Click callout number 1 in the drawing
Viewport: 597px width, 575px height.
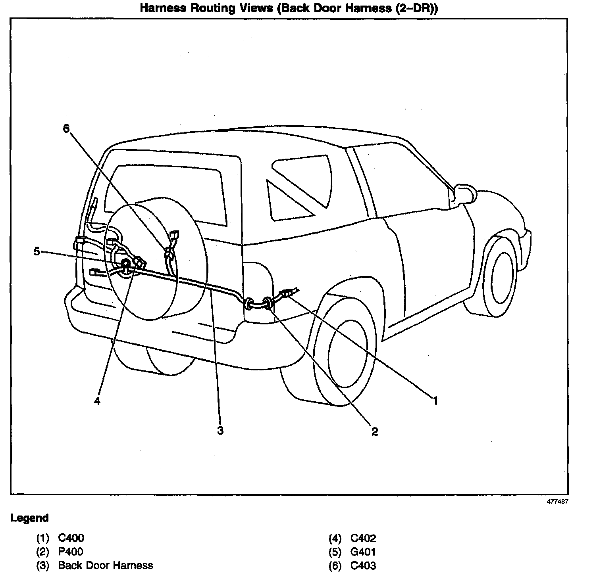[435, 401]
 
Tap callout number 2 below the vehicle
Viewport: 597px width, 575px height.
[375, 431]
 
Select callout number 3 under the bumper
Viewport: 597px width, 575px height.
[220, 430]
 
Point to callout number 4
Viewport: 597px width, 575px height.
[97, 401]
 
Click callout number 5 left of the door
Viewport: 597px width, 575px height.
[37, 251]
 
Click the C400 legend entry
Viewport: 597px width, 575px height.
[71, 538]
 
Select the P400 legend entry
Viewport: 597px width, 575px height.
[71, 552]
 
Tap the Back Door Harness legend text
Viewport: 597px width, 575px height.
[105, 565]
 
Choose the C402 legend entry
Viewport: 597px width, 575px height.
[363, 538]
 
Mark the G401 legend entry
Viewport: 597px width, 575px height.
[363, 552]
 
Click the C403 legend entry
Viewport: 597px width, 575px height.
[363, 565]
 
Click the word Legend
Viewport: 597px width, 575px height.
[30, 518]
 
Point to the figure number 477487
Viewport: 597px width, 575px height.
[557, 501]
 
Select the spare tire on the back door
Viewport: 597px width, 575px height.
[155, 258]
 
